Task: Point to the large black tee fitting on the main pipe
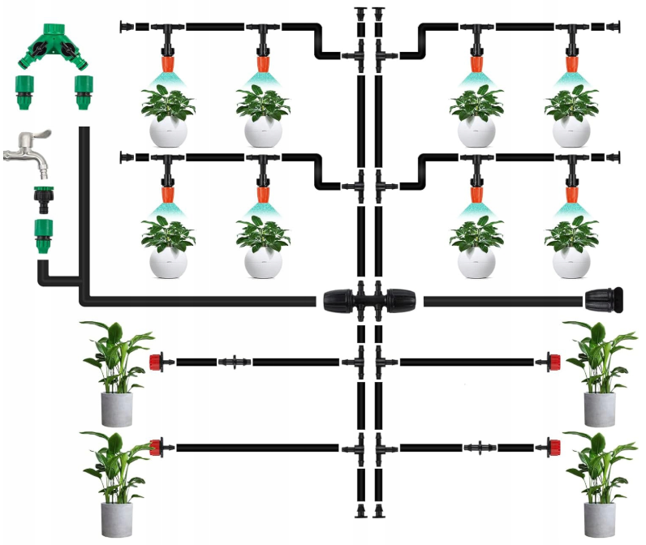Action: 370,301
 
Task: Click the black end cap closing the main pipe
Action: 605,300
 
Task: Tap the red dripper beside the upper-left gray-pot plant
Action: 157,360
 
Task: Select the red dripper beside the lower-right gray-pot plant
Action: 553,446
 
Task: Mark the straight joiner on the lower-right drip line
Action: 480,446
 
